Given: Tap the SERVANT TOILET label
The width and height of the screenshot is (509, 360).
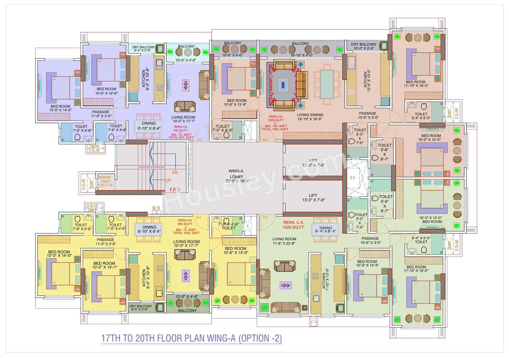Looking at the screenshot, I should pos(105,181).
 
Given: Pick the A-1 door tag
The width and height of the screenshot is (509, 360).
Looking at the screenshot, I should pos(200,140).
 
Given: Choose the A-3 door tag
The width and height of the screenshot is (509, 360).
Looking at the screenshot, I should pos(265,217).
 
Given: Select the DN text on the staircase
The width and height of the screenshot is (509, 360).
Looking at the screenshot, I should pos(175,173).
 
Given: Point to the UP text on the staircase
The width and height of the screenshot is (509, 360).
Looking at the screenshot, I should pos(168,181).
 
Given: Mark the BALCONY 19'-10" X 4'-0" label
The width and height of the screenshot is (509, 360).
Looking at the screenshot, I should pos(300,43).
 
